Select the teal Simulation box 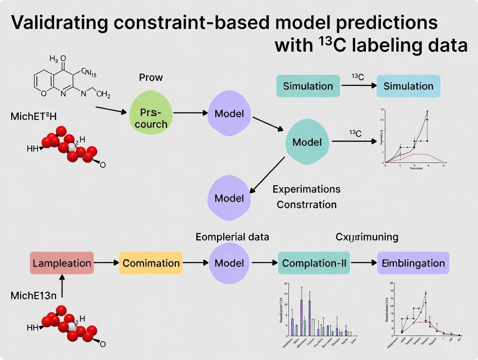click(x=308, y=86)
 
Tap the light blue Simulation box click(x=408, y=86)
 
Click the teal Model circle click(x=307, y=142)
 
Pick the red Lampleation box click(x=61, y=263)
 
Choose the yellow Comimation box click(x=151, y=263)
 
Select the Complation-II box click(x=314, y=263)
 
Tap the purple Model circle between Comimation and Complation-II click(x=229, y=263)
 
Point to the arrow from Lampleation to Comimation click(x=106, y=263)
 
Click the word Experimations click(x=307, y=189)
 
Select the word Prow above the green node click(x=151, y=77)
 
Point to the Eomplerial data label click(x=232, y=237)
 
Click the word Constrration click(x=307, y=204)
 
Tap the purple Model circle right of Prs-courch click(x=229, y=114)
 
